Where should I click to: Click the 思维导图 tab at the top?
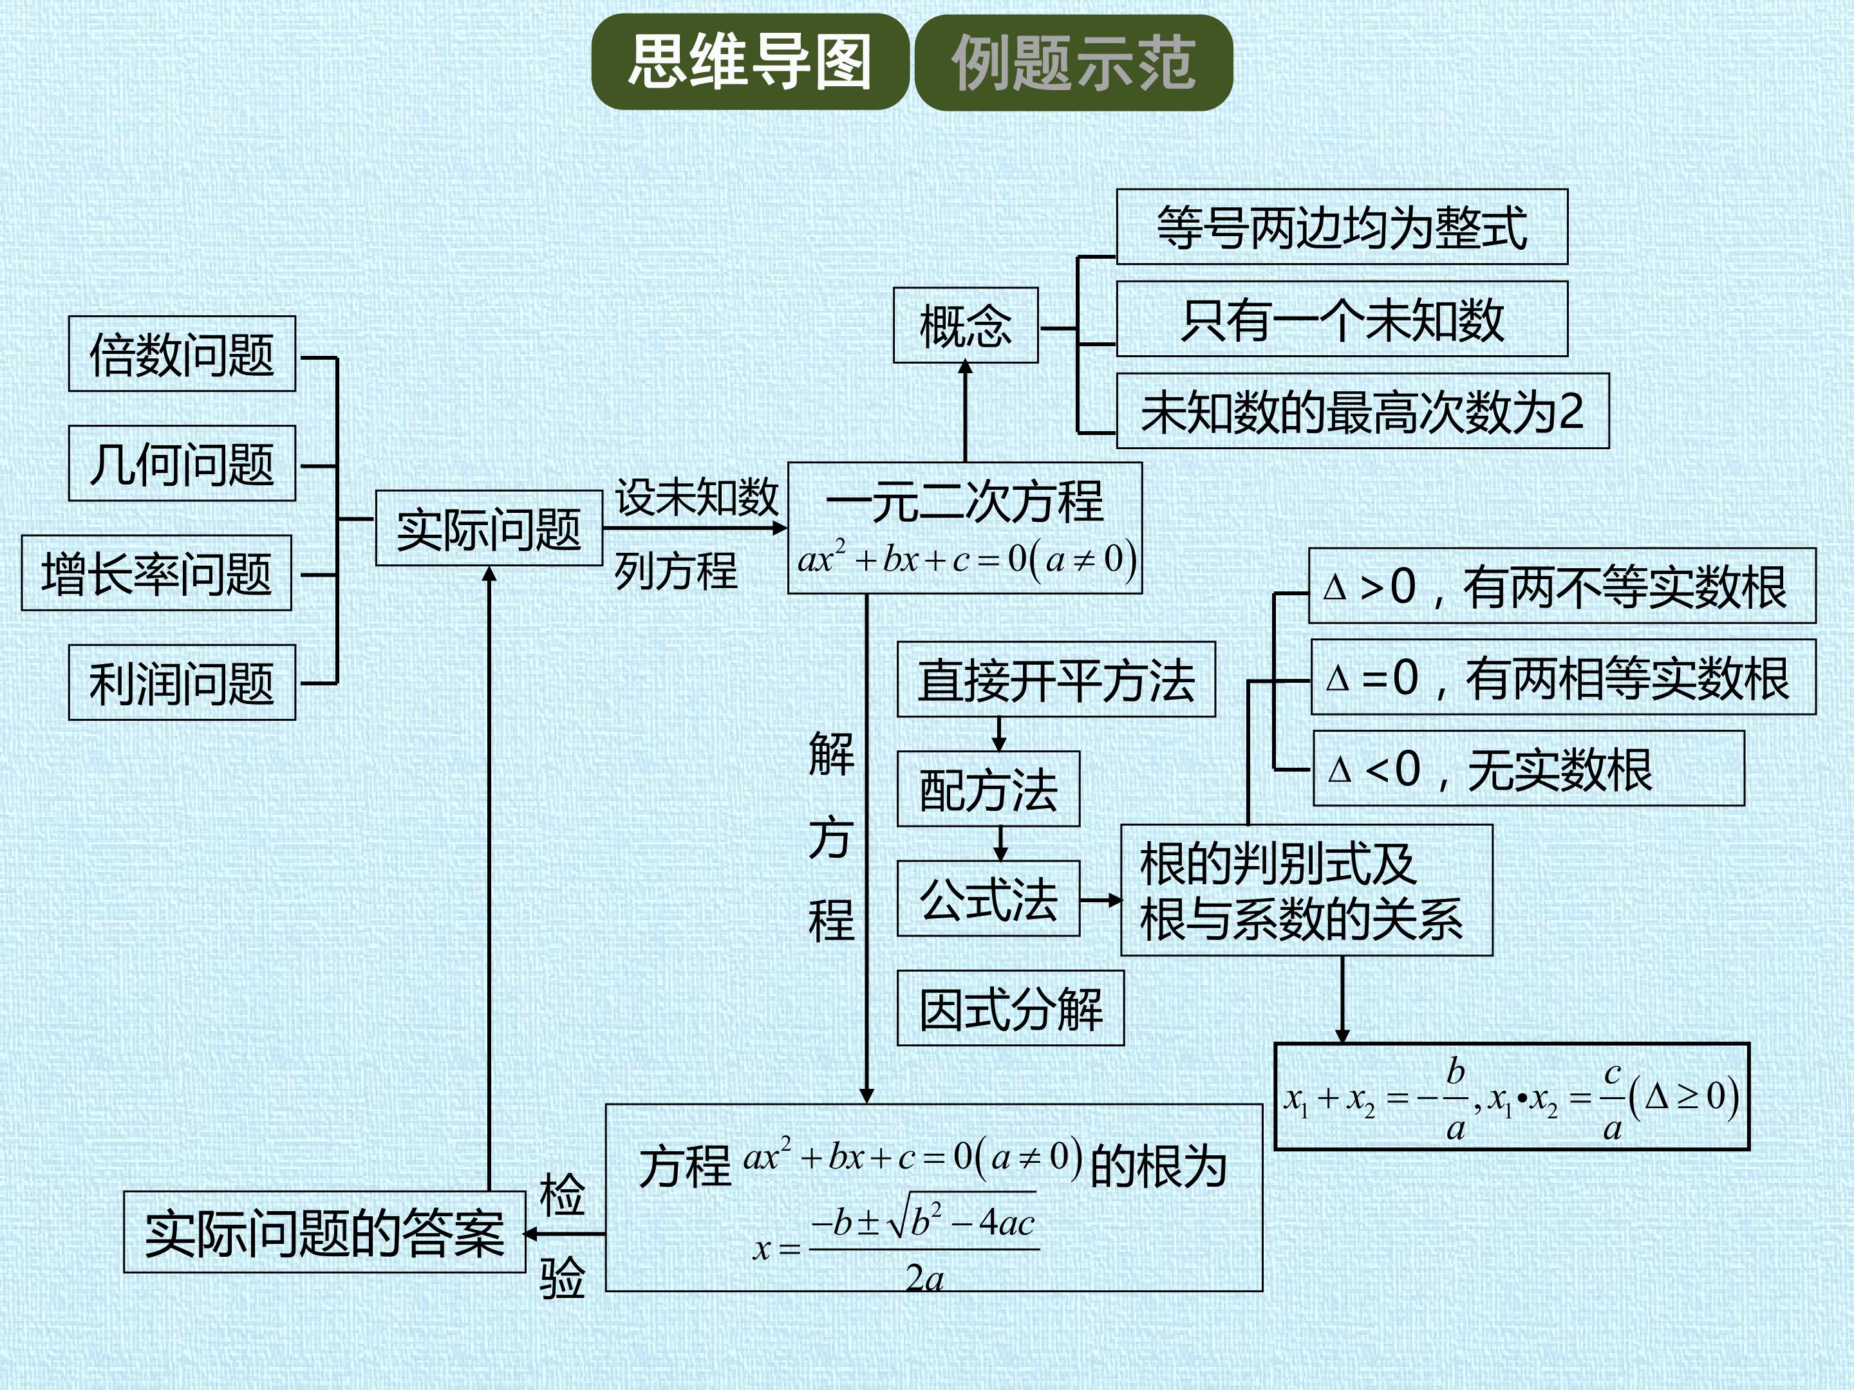coord(750,62)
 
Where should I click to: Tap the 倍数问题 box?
coord(182,353)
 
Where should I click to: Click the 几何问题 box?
coord(182,463)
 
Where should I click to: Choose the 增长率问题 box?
coord(156,573)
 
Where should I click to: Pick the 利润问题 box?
coord(182,682)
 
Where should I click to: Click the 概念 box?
coord(966,325)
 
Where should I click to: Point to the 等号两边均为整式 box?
coord(1342,227)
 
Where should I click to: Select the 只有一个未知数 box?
coord(1342,319)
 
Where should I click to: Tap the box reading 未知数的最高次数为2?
coord(1362,411)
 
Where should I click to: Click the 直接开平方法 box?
coord(1056,680)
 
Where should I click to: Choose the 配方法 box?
coord(988,789)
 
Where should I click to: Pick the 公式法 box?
coord(988,898)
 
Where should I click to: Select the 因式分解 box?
coord(1010,1008)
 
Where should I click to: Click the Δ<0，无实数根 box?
coord(1529,768)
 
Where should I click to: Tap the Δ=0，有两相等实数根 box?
coord(1563,677)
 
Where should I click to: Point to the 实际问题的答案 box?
coord(324,1232)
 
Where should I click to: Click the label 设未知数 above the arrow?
coord(697,497)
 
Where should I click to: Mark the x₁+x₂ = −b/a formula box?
coord(1511,1097)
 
